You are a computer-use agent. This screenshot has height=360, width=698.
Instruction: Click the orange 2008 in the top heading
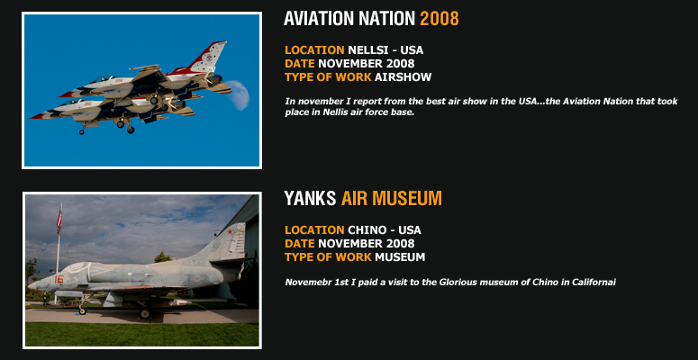coord(439,19)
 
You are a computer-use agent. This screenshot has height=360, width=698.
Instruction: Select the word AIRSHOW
coord(403,77)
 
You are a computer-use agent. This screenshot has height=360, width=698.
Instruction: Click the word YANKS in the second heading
coord(310,199)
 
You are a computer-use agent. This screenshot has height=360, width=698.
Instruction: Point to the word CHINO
coord(367,230)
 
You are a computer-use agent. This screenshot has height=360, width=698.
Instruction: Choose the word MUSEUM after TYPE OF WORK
coord(400,257)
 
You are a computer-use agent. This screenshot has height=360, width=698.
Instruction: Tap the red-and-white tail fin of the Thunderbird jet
coord(205,58)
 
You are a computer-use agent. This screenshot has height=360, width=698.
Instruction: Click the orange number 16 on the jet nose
coord(59,279)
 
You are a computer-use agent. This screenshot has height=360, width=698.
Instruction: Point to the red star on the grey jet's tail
coord(230,232)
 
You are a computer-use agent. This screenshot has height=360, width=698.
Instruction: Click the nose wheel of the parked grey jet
coord(82,310)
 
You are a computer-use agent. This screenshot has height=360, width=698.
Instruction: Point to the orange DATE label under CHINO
coord(300,243)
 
